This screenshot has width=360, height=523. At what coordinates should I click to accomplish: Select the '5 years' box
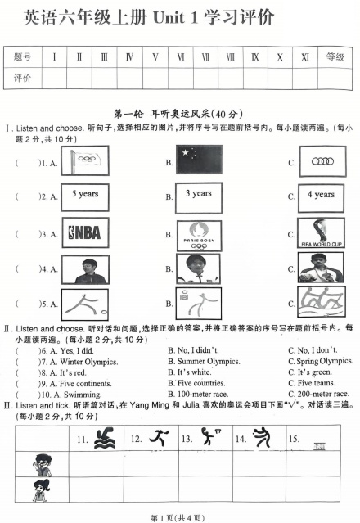pos(85,196)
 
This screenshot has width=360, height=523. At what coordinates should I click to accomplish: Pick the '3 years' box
pos(198,195)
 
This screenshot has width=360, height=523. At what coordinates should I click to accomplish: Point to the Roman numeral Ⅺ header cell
pos(305,57)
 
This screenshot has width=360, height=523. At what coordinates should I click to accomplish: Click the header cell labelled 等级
pos(335,57)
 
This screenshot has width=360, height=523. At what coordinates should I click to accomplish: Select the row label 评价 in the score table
pos(23,78)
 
